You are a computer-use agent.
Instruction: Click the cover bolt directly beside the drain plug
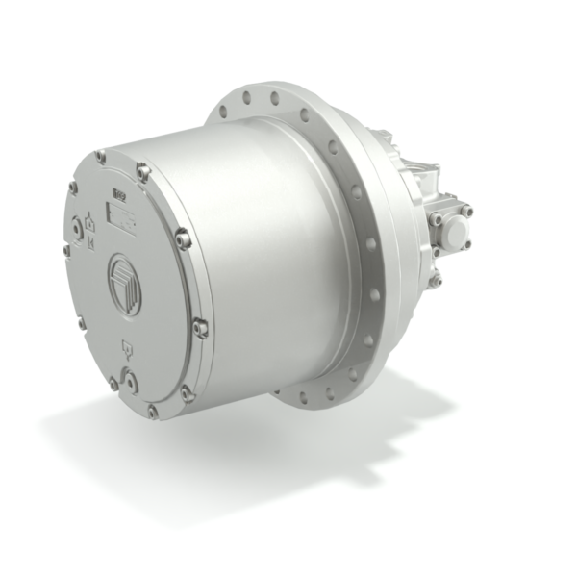113,384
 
